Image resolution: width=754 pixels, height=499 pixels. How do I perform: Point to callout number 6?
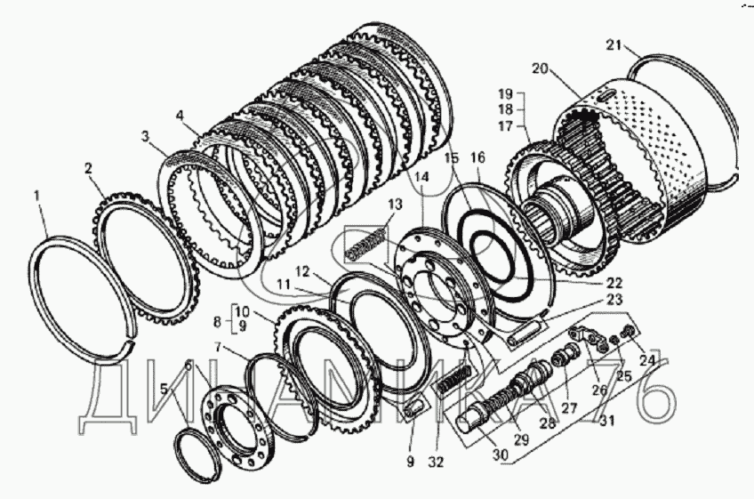tap(188, 366)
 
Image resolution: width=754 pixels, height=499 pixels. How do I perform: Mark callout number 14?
tap(421, 177)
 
